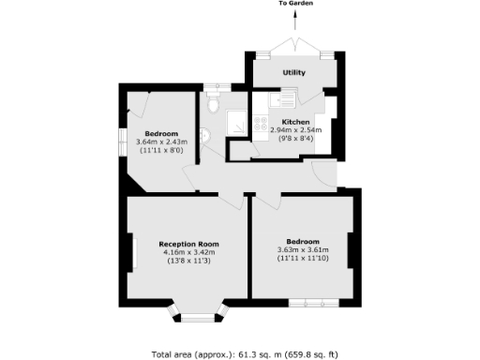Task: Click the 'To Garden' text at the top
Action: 295,5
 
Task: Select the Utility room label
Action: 294,72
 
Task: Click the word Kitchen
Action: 296,122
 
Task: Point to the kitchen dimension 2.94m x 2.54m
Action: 296,130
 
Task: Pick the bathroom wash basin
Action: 206,136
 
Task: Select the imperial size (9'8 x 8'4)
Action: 296,139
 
